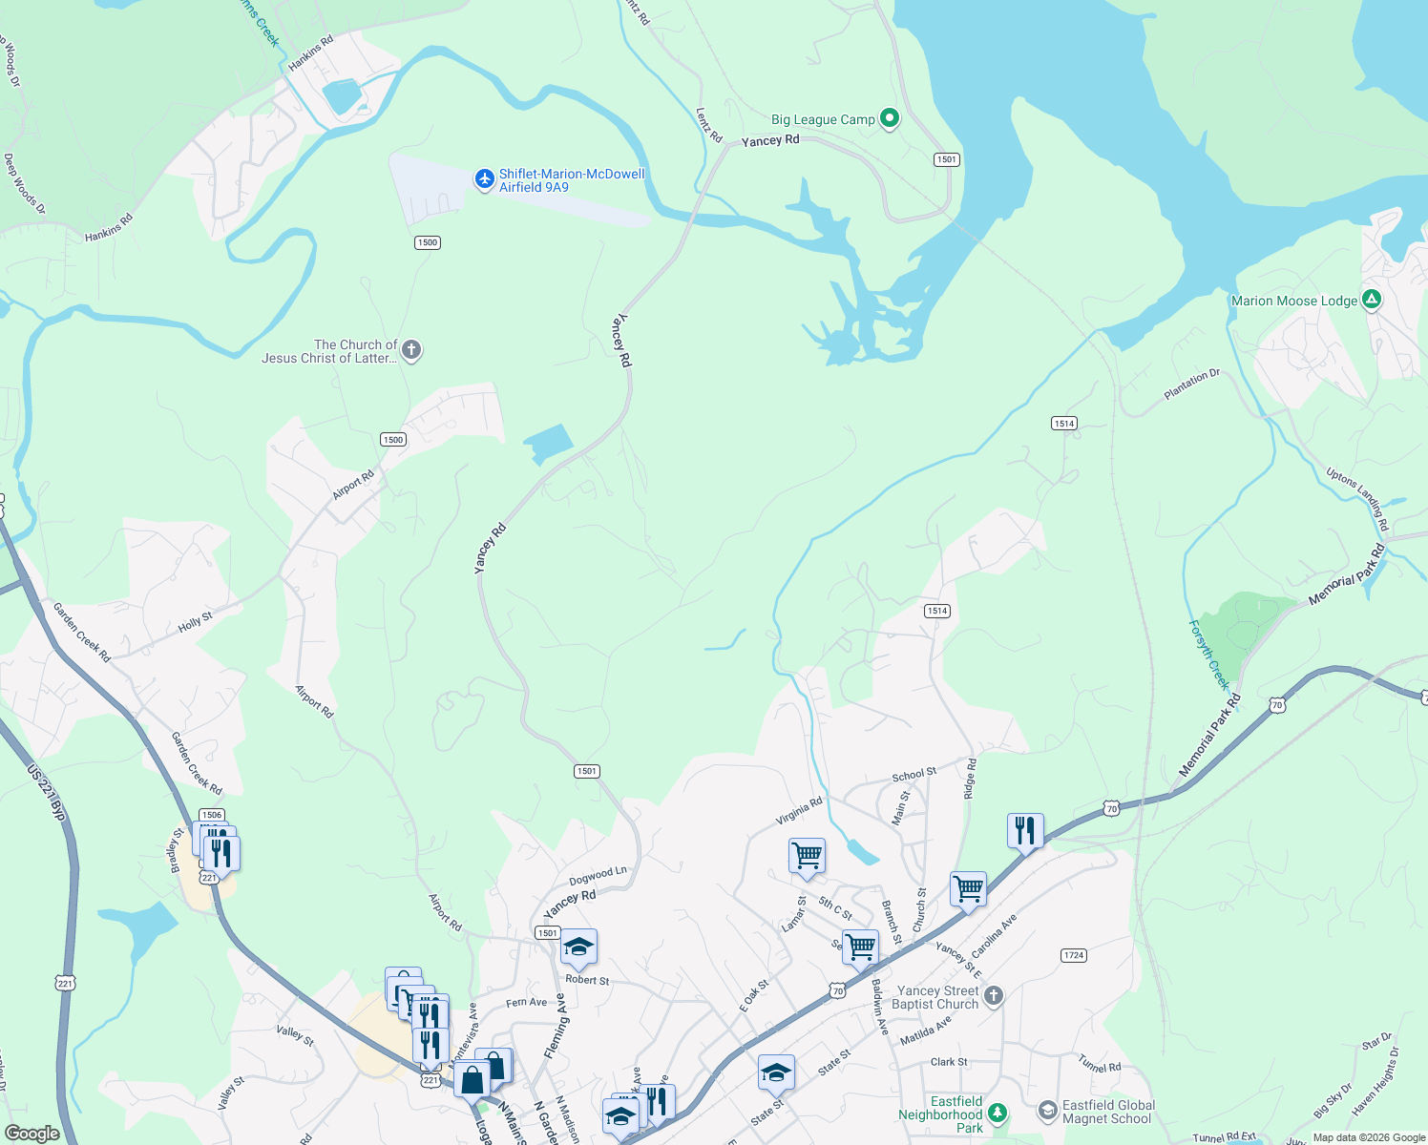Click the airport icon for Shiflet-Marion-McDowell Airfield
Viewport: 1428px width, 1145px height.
[485, 178]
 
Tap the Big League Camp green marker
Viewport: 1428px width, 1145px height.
[890, 118]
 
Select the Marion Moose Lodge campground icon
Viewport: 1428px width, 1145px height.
[1372, 300]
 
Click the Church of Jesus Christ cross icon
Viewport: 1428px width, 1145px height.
[411, 350]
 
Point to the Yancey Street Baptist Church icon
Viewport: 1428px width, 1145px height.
[994, 996]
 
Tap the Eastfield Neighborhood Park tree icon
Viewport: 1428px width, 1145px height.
[997, 1113]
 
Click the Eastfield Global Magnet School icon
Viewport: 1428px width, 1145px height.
[1047, 1111]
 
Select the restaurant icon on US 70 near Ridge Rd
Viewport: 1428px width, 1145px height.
[1025, 830]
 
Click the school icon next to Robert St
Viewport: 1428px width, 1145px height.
[578, 947]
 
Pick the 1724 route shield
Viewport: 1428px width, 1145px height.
[1074, 955]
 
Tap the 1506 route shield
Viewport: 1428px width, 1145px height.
[212, 815]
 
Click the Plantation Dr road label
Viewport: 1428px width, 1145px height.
[1191, 384]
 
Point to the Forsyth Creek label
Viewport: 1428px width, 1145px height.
[1209, 655]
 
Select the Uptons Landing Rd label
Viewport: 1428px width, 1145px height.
[1357, 498]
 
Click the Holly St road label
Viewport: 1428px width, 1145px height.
[196, 623]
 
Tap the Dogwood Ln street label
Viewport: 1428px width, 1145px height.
[598, 876]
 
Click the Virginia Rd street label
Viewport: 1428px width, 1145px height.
[799, 811]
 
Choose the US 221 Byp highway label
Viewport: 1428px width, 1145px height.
[46, 792]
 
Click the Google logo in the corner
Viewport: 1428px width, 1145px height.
[32, 1134]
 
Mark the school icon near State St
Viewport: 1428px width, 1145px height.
[776, 1072]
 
